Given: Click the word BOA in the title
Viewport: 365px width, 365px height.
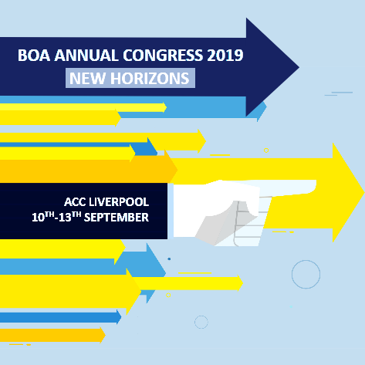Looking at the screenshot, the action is point(34,55).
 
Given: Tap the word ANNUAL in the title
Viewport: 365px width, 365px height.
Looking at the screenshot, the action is point(86,55).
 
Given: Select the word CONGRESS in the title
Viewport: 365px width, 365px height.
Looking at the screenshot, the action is point(163,55).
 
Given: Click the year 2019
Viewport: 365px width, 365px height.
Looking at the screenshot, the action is point(225,55).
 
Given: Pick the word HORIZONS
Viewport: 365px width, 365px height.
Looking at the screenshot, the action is point(150,78).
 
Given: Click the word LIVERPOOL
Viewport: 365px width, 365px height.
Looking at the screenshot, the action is point(119,202).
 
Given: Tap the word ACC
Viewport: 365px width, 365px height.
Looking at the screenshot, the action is point(75,202).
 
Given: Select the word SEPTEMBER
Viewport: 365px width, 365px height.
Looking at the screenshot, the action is point(117,218).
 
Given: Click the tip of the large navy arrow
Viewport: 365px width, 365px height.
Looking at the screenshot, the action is point(299,67).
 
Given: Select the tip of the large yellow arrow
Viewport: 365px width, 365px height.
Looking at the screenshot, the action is point(364,192).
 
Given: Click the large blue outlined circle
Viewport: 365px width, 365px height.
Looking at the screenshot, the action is point(306,260).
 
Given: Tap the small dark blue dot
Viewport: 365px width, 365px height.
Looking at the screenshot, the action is point(169,259).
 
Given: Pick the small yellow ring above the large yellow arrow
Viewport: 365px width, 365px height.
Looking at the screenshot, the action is point(266,148).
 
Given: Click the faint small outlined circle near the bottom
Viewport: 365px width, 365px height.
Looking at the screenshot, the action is point(201,316).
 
